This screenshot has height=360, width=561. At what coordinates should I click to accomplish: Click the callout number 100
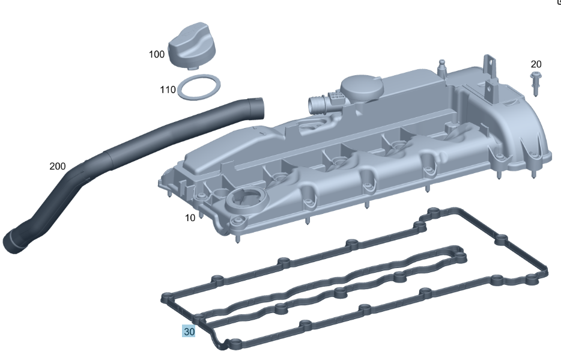click(156, 54)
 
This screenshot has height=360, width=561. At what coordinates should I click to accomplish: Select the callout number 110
click(168, 90)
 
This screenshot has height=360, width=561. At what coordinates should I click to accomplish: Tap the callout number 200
click(57, 166)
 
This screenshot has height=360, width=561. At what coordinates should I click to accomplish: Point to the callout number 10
click(190, 218)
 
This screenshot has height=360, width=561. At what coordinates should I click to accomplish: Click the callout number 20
click(536, 64)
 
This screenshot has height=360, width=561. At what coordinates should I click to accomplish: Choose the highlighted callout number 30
click(189, 331)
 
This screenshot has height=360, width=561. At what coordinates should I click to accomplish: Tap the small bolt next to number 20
click(535, 83)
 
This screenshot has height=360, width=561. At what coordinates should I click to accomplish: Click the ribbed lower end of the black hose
click(14, 242)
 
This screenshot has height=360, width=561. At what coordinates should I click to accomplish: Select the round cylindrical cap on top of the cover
click(361, 89)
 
